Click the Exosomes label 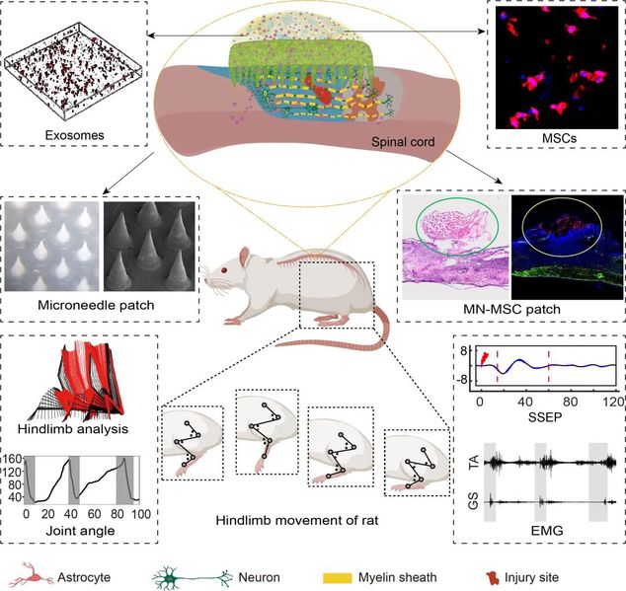point(75,135)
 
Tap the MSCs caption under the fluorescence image point(559,138)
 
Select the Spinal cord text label point(403,142)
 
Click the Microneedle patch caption point(96,305)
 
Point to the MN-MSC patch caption point(511,309)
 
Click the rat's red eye point(224,270)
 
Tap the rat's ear point(244,257)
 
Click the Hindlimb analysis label point(73,429)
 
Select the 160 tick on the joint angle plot point(12,459)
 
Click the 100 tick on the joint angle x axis point(141,514)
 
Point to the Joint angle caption point(80,531)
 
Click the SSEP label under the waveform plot point(545,417)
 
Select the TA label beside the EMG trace point(474,463)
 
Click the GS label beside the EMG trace point(474,502)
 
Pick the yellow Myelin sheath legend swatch point(338,578)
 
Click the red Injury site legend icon point(492,577)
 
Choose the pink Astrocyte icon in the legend point(32,576)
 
